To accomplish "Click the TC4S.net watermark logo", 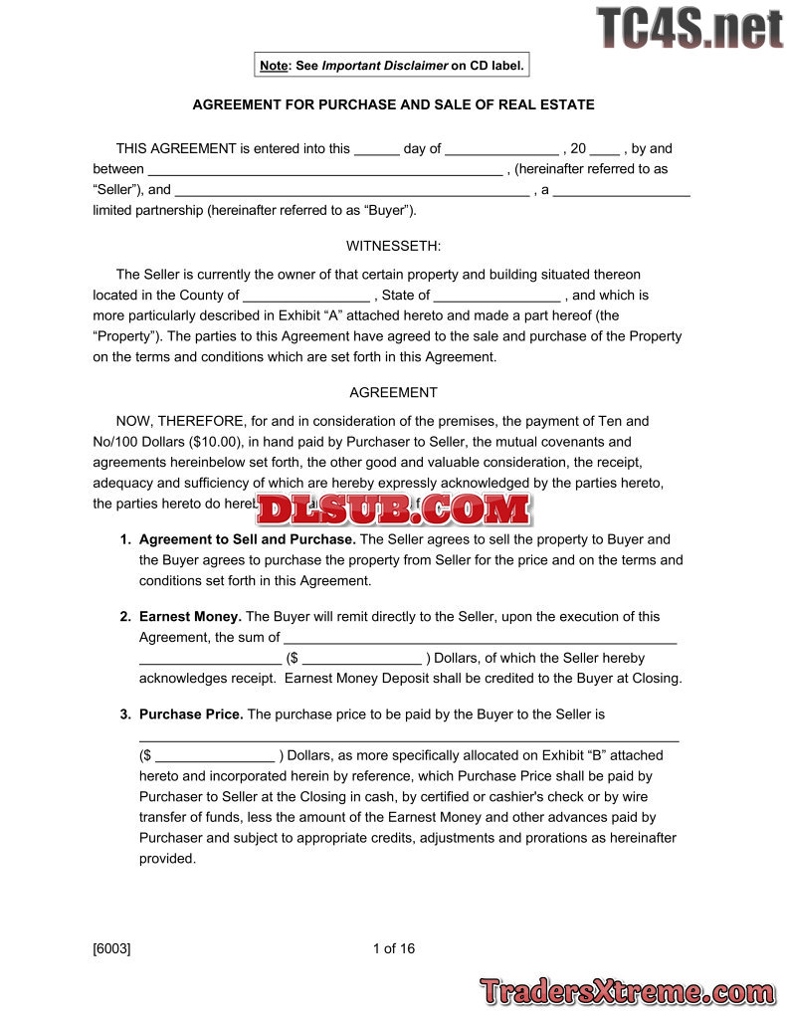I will click(689, 28).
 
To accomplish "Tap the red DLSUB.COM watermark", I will click(394, 509).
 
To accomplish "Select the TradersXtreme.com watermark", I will click(627, 991).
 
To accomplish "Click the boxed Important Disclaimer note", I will click(392, 66).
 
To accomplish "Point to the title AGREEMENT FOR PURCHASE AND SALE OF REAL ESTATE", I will click(393, 104).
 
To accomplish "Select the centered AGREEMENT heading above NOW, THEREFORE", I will click(393, 393).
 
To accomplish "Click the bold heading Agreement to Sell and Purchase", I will click(247, 539).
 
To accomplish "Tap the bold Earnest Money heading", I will click(190, 617).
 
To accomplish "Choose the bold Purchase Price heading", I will click(191, 714).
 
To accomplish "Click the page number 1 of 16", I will click(394, 948).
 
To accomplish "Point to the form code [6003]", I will click(111, 948).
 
